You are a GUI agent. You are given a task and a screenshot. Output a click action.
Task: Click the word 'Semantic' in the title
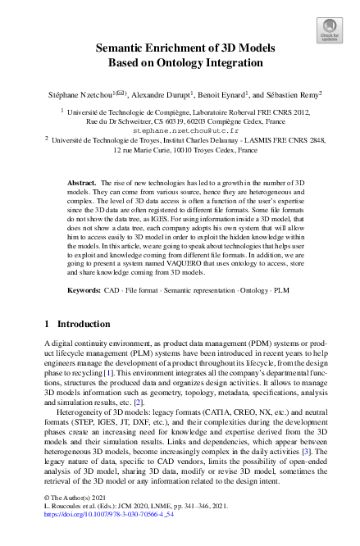pos(121,48)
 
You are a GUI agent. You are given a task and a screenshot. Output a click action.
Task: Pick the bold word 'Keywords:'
pos(84,291)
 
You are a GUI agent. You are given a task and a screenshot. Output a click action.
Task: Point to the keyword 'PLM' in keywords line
pos(280,291)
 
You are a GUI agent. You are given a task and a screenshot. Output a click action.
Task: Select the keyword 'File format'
pos(142,291)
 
